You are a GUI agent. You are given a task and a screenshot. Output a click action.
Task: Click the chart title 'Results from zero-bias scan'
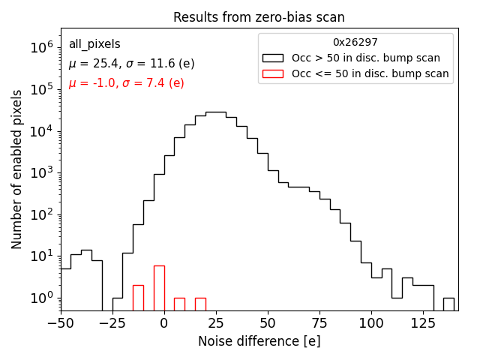pos(259,17)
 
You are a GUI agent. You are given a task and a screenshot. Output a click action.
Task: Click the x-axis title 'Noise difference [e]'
pos(259,341)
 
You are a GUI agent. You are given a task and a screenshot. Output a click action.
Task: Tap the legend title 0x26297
pos(355,43)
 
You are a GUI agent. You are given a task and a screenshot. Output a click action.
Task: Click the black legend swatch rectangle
pos(273,58)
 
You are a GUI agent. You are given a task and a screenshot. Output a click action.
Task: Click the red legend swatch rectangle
pos(273,73)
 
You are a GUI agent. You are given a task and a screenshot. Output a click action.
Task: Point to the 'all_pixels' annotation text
pos(94,44)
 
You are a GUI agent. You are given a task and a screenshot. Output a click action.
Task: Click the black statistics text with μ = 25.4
pos(131,64)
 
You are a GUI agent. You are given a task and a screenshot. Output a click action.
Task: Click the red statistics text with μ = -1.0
pos(126,83)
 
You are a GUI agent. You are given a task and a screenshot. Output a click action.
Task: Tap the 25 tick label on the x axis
pos(215,323)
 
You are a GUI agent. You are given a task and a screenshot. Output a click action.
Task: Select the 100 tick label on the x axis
pos(371,323)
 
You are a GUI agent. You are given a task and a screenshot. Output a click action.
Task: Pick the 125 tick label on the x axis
pos(423,323)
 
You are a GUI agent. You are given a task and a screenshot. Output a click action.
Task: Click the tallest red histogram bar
pos(159,288)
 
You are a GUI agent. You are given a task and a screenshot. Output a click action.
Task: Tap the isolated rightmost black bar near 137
pos(448,304)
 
